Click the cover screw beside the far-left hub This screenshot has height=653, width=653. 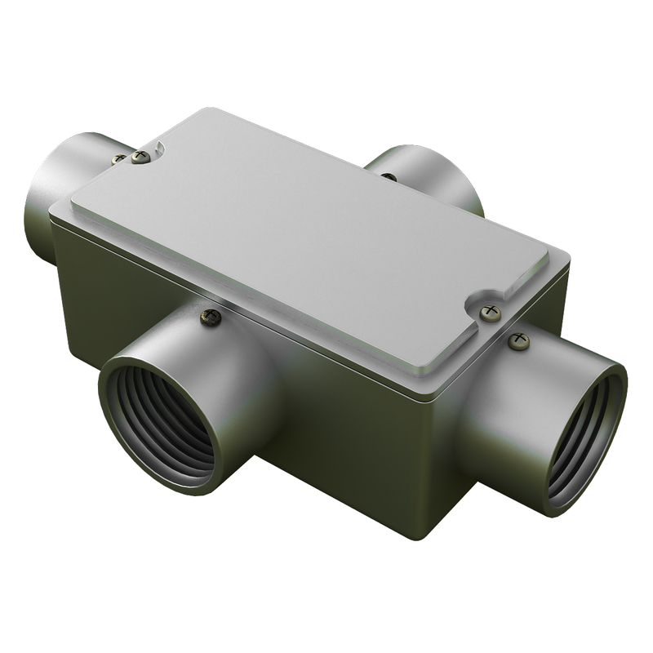tap(141, 157)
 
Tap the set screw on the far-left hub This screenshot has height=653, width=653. tap(119, 159)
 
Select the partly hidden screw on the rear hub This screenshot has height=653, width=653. tap(389, 175)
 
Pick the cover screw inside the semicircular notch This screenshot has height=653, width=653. tap(490, 312)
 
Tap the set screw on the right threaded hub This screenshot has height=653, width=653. tap(518, 340)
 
